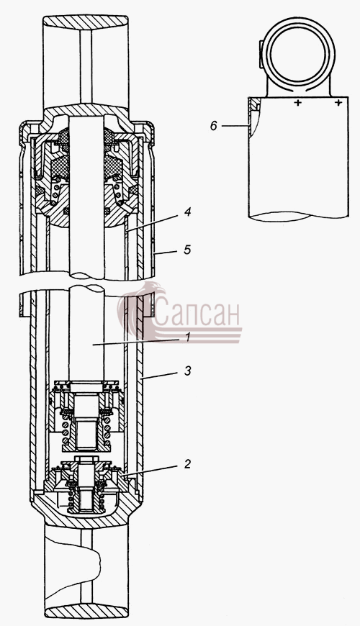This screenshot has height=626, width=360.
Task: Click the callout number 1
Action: tap(186, 337)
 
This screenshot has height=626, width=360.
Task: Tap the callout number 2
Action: tap(187, 463)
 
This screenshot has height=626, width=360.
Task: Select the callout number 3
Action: tap(187, 371)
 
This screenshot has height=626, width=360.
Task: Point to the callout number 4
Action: tap(187, 212)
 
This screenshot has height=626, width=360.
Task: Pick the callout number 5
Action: tap(187, 250)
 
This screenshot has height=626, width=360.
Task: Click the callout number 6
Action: tap(214, 126)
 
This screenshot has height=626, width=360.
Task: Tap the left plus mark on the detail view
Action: tap(297, 103)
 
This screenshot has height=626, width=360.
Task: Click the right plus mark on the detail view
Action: tap(338, 103)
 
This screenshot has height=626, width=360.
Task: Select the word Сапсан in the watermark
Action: tap(197, 314)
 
